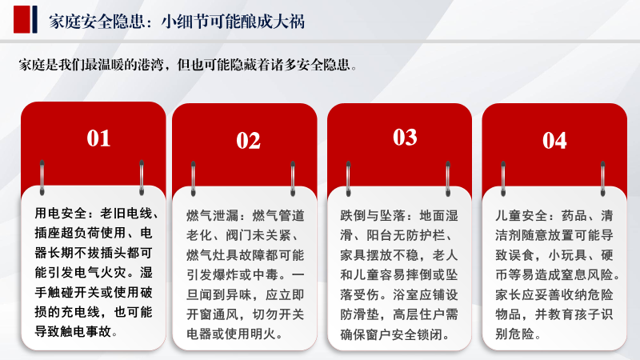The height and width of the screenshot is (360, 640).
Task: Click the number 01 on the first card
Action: pos(98,138)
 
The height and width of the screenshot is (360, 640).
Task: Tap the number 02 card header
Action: pos(248,141)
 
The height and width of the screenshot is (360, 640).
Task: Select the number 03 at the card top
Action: pos(405,137)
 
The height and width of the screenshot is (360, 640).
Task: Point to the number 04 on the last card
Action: pos(554,141)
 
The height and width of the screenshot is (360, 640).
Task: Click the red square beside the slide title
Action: pos(22,19)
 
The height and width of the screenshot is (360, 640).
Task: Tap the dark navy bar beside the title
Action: pos(34,19)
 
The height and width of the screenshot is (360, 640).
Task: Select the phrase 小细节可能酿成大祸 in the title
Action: pos(233,22)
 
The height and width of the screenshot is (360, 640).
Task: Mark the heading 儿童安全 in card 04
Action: pos(522,215)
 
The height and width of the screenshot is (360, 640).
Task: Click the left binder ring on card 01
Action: pos(42,178)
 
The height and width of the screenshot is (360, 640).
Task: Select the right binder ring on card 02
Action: pos(293,178)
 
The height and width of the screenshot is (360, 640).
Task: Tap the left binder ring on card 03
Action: pos(348,178)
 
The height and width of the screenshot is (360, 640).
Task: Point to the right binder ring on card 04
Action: pos(603,178)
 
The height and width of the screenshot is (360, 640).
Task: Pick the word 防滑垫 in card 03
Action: pos(360,314)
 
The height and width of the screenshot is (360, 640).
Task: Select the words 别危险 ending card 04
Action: pos(514,334)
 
